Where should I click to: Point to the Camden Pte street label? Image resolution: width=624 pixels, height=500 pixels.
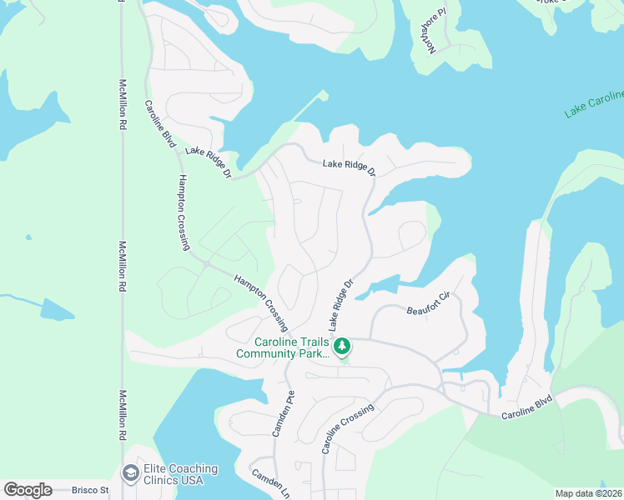283,414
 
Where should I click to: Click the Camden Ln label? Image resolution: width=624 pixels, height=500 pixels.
271,482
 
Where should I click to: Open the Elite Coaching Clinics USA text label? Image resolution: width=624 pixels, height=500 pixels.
180,475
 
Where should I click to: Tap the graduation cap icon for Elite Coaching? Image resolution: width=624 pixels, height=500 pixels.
130,474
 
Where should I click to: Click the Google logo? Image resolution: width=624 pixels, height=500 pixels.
28,490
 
